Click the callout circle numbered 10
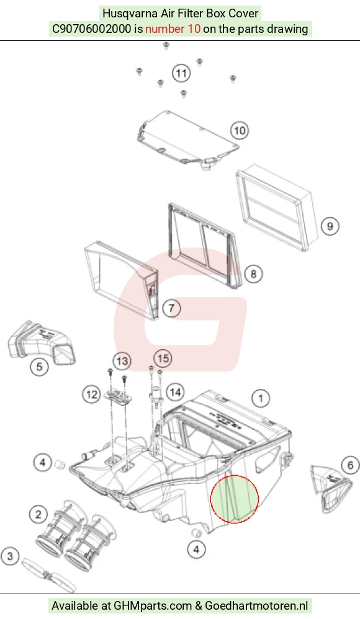pos(240,130)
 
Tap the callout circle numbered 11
pos(181,73)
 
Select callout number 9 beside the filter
pos(330,226)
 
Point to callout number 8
pos(253,274)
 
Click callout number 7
pos(171,308)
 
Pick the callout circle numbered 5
pos(40,367)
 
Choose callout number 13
pos(122,361)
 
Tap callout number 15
pos(163,358)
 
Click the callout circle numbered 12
pos(92,394)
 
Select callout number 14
pos(175,392)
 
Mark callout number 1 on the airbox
pos(261,398)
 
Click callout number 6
pos(350,465)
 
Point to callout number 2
pos(38,514)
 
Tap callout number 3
pos(10,556)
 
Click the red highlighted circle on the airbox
pos(235,499)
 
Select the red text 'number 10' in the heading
pos(173,29)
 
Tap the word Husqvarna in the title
pos(130,14)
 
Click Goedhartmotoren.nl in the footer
pos(256,605)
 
